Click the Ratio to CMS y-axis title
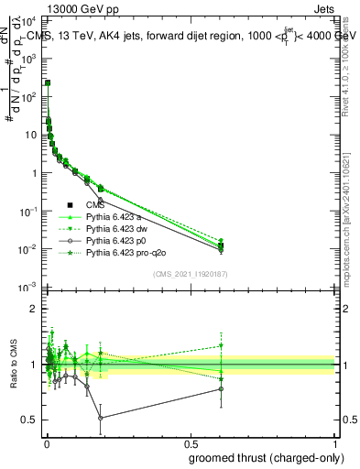click(x=11, y=365)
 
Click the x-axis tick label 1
click(x=334, y=443)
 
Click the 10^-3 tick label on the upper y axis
click(x=27, y=288)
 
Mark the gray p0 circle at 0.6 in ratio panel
click(x=220, y=389)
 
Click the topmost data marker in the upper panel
click(x=47, y=83)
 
